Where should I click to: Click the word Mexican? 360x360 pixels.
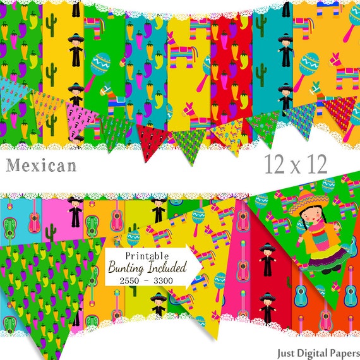coord(41,165)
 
